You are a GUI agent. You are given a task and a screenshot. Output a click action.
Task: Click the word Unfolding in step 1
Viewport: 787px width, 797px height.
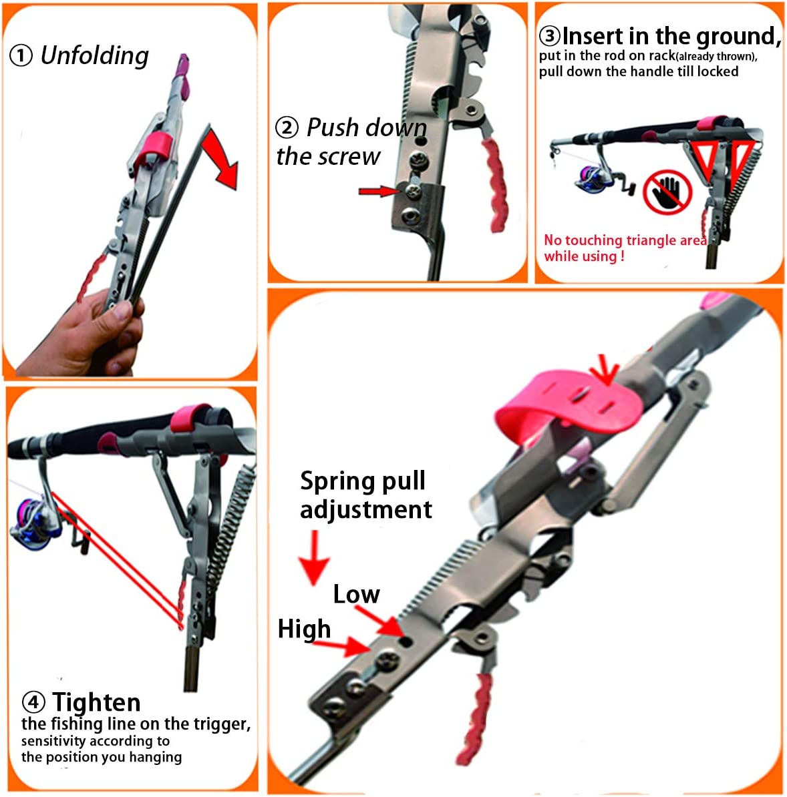pyautogui.click(x=95, y=55)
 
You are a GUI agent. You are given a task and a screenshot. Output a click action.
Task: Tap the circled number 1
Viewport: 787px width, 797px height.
pyautogui.click(x=21, y=55)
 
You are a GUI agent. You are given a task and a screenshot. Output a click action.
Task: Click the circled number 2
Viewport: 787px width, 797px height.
pyautogui.click(x=287, y=127)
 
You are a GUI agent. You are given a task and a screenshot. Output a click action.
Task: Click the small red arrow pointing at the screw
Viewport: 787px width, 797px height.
pyautogui.click(x=379, y=191)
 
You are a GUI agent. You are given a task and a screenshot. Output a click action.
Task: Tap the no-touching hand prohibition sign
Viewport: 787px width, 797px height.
pyautogui.click(x=667, y=193)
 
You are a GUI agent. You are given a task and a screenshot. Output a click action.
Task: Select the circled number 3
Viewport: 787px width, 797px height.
pyautogui.click(x=549, y=36)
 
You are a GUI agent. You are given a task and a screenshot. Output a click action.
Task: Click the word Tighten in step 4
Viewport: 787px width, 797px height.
pyautogui.click(x=96, y=702)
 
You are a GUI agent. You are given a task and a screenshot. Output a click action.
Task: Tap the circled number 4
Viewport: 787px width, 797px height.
pyautogui.click(x=33, y=702)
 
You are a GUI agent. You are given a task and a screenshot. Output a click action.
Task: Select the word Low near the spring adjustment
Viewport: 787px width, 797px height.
pyautogui.click(x=356, y=595)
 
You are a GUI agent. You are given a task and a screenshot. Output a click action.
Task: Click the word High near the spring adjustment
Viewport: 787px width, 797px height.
pyautogui.click(x=304, y=629)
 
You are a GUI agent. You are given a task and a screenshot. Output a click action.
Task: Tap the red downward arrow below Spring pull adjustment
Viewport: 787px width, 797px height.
pyautogui.click(x=315, y=558)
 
